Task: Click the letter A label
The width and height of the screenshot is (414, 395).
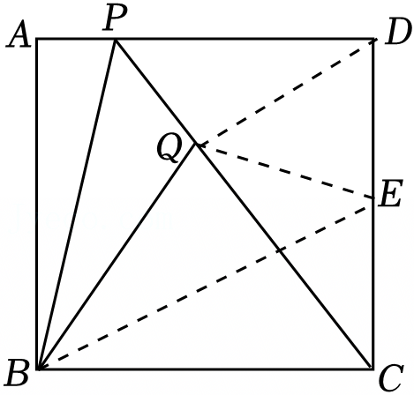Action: tap(19, 38)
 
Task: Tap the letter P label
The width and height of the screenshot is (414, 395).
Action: tap(115, 17)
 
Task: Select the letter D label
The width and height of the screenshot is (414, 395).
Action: tap(398, 32)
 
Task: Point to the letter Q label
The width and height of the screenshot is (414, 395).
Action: tap(169, 149)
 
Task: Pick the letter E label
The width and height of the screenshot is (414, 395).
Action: tap(390, 194)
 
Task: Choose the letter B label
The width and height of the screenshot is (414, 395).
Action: tap(19, 372)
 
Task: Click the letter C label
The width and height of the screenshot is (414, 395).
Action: tap(391, 378)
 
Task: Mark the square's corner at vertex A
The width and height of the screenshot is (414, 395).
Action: tap(37, 39)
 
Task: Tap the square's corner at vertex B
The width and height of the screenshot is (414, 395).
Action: tap(38, 369)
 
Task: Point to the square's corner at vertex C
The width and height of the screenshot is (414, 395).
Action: tap(373, 369)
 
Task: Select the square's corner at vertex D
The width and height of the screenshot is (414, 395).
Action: tap(373, 39)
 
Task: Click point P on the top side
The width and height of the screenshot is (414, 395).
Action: tap(115, 39)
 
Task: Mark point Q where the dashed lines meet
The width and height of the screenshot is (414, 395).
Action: tap(197, 145)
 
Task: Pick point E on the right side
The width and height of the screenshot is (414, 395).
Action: tap(373, 198)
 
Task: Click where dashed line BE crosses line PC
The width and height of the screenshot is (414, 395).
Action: tap(281, 250)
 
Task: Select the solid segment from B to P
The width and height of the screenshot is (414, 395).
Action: tap(77, 204)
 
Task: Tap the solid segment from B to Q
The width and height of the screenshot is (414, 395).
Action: tap(117, 257)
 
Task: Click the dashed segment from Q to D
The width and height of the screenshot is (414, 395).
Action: tap(286, 92)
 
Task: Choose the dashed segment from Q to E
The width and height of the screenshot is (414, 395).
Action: tap(285, 171)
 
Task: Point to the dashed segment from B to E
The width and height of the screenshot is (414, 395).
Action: tap(206, 284)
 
